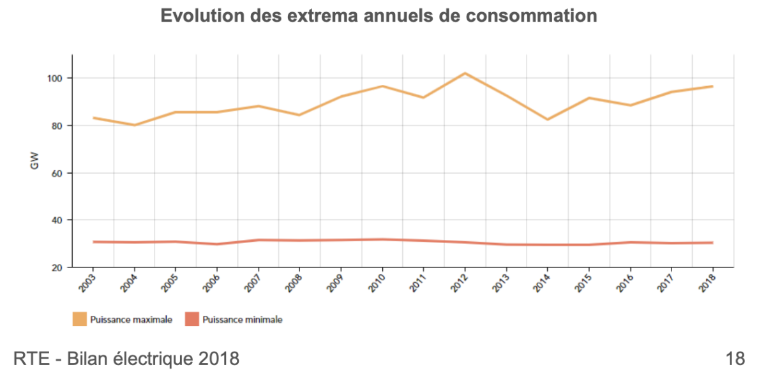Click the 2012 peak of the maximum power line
(x=465, y=73)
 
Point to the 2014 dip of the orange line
(x=548, y=119)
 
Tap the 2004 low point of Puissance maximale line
(x=134, y=125)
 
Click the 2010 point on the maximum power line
(x=382, y=86)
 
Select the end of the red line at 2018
(x=712, y=243)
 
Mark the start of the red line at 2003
(x=93, y=242)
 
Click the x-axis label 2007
(x=253, y=281)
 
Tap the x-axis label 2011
(x=418, y=281)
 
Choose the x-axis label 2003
(x=87, y=281)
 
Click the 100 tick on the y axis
(x=59, y=78)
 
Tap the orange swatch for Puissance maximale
(x=79, y=319)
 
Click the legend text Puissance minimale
(x=242, y=320)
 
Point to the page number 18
(x=735, y=359)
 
